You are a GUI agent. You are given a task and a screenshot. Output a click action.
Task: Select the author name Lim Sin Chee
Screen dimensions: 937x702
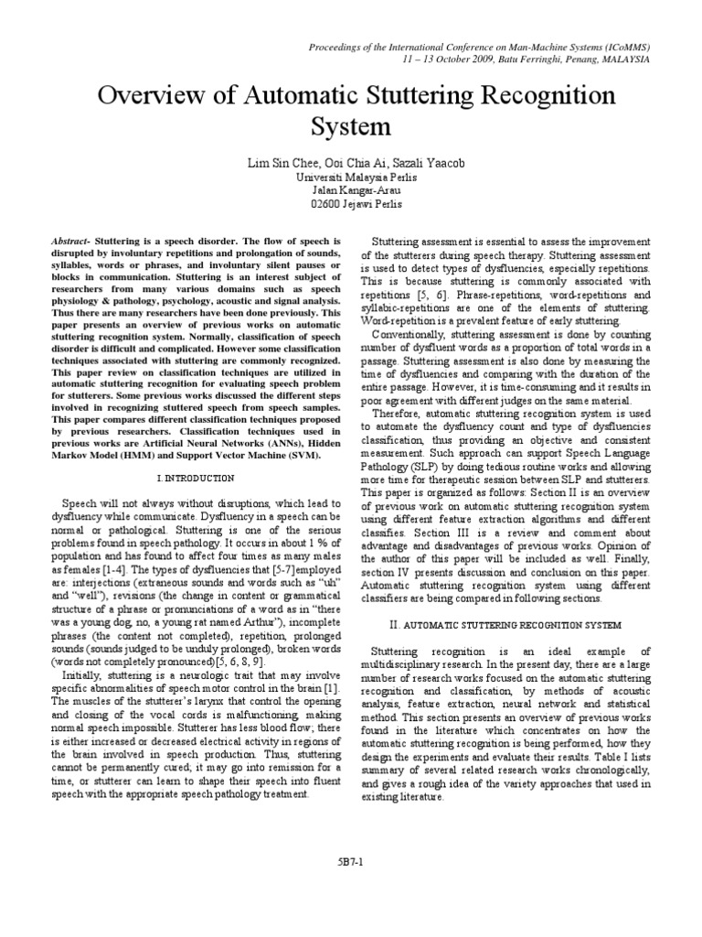[279, 163]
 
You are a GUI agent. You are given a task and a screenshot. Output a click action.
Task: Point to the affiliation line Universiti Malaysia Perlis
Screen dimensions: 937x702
[350, 177]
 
